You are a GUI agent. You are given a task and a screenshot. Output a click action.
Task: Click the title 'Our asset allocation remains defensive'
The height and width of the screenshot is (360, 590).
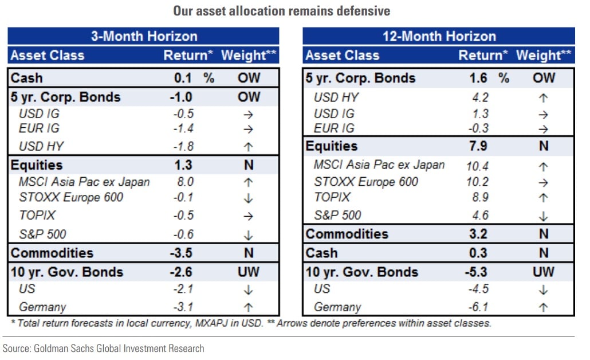pyautogui.click(x=281, y=11)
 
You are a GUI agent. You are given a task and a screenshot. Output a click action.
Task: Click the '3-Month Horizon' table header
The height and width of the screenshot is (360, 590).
pyautogui.click(x=144, y=36)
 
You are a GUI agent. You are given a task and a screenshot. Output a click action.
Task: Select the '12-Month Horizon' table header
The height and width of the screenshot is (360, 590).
pyautogui.click(x=439, y=36)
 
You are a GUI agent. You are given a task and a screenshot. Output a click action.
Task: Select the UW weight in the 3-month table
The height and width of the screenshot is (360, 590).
pyautogui.click(x=249, y=272)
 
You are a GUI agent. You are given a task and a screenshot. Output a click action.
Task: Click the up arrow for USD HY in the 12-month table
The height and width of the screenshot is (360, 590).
pyautogui.click(x=544, y=97)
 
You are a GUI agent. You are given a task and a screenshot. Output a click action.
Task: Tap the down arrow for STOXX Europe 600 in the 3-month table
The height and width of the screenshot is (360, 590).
pyautogui.click(x=249, y=198)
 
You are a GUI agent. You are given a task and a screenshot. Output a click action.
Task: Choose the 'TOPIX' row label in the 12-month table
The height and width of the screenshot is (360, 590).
pyautogui.click(x=332, y=198)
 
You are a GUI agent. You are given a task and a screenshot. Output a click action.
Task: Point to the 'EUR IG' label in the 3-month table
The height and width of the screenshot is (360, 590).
pyautogui.click(x=39, y=128)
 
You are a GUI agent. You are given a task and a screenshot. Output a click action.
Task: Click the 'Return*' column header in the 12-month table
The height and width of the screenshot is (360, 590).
pyautogui.click(x=483, y=56)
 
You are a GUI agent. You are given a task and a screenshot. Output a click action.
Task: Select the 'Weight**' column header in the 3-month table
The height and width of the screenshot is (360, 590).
pyautogui.click(x=248, y=56)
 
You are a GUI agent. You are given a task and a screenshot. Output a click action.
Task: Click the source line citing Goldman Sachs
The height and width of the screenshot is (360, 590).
pyautogui.click(x=104, y=348)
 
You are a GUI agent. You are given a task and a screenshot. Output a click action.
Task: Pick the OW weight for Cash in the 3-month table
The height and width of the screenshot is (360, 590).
pyautogui.click(x=249, y=78)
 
